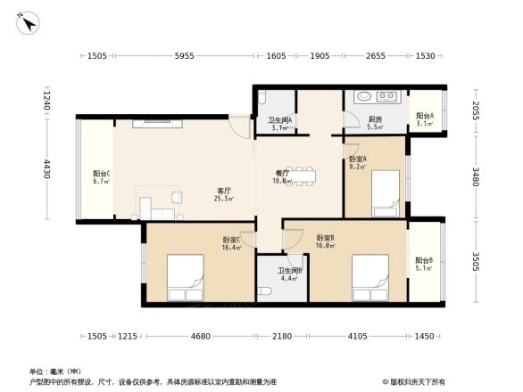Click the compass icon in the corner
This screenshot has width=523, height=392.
(30, 24)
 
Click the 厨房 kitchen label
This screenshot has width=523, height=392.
(376, 121)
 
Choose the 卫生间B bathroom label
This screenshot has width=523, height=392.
(289, 271)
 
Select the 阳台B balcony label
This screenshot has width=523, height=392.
(424, 262)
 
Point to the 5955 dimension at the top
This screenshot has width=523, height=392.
(184, 56)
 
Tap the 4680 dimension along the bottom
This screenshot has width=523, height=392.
(201, 336)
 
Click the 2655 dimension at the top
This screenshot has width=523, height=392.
(376, 56)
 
